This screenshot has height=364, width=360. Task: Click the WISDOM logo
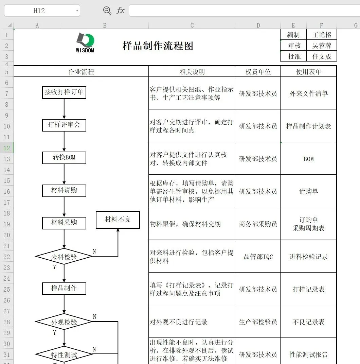click(x=85, y=42)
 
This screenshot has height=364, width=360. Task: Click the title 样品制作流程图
click(x=158, y=46)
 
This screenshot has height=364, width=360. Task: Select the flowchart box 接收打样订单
click(x=64, y=92)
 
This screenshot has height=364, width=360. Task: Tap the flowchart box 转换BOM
click(x=64, y=158)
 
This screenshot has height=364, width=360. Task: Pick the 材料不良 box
click(x=118, y=220)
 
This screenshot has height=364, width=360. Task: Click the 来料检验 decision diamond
click(x=64, y=257)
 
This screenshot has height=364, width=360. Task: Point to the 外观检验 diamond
click(x=64, y=322)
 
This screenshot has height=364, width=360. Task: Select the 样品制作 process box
click(x=64, y=288)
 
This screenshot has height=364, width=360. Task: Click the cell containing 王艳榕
click(x=322, y=35)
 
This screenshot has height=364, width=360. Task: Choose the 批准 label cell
click(x=294, y=56)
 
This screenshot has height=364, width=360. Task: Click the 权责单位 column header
click(x=258, y=72)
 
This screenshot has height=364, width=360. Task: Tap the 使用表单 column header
click(x=308, y=72)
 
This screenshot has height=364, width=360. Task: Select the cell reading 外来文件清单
click(x=308, y=93)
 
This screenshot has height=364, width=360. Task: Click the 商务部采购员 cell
click(x=258, y=224)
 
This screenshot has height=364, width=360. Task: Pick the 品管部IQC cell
click(x=258, y=257)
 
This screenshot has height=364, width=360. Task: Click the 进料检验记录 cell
click(x=308, y=257)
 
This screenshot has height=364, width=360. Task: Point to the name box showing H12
click(x=39, y=11)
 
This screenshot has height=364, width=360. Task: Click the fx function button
click(x=121, y=11)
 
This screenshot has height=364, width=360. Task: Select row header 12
click(x=6, y=148)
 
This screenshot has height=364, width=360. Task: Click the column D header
click(x=258, y=25)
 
